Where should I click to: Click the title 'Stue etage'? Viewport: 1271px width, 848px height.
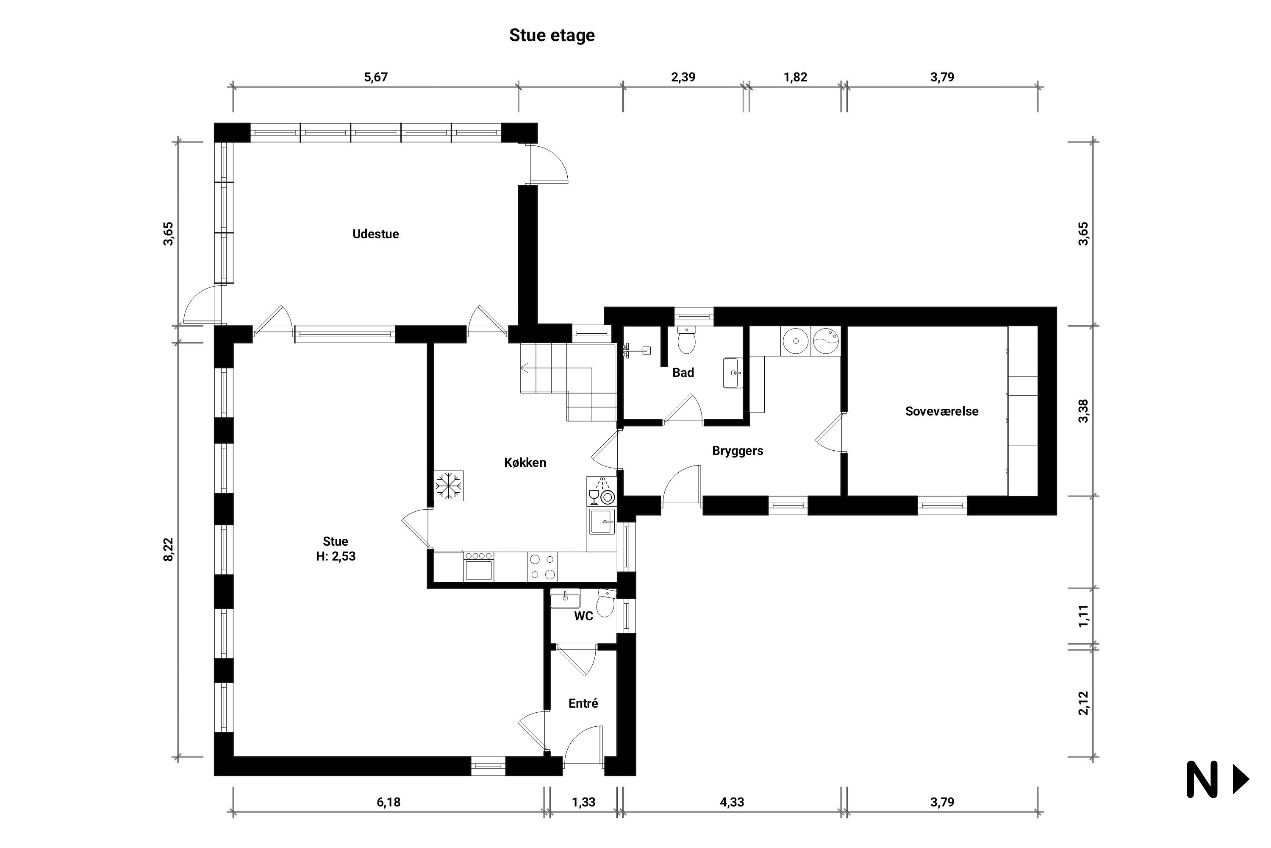[552, 36]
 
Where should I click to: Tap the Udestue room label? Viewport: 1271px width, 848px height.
[375, 234]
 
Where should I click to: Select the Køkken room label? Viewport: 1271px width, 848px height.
[525, 463]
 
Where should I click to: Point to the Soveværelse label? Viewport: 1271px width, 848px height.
[942, 411]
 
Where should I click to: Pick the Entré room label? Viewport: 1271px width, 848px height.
[583, 703]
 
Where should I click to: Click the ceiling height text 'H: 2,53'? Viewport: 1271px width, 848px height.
[336, 556]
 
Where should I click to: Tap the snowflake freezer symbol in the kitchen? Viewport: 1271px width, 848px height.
[449, 485]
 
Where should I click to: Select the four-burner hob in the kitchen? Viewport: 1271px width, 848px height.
[543, 566]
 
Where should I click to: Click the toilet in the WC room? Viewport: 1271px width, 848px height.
[606, 603]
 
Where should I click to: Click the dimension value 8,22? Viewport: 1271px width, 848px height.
[169, 550]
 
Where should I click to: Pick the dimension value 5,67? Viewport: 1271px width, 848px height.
[375, 77]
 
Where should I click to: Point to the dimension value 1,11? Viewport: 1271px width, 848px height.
[1083, 616]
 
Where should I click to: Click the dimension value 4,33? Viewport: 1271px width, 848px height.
[732, 802]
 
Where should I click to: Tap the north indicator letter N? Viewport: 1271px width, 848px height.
[1201, 779]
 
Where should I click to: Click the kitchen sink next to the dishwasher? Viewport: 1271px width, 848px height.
[602, 522]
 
